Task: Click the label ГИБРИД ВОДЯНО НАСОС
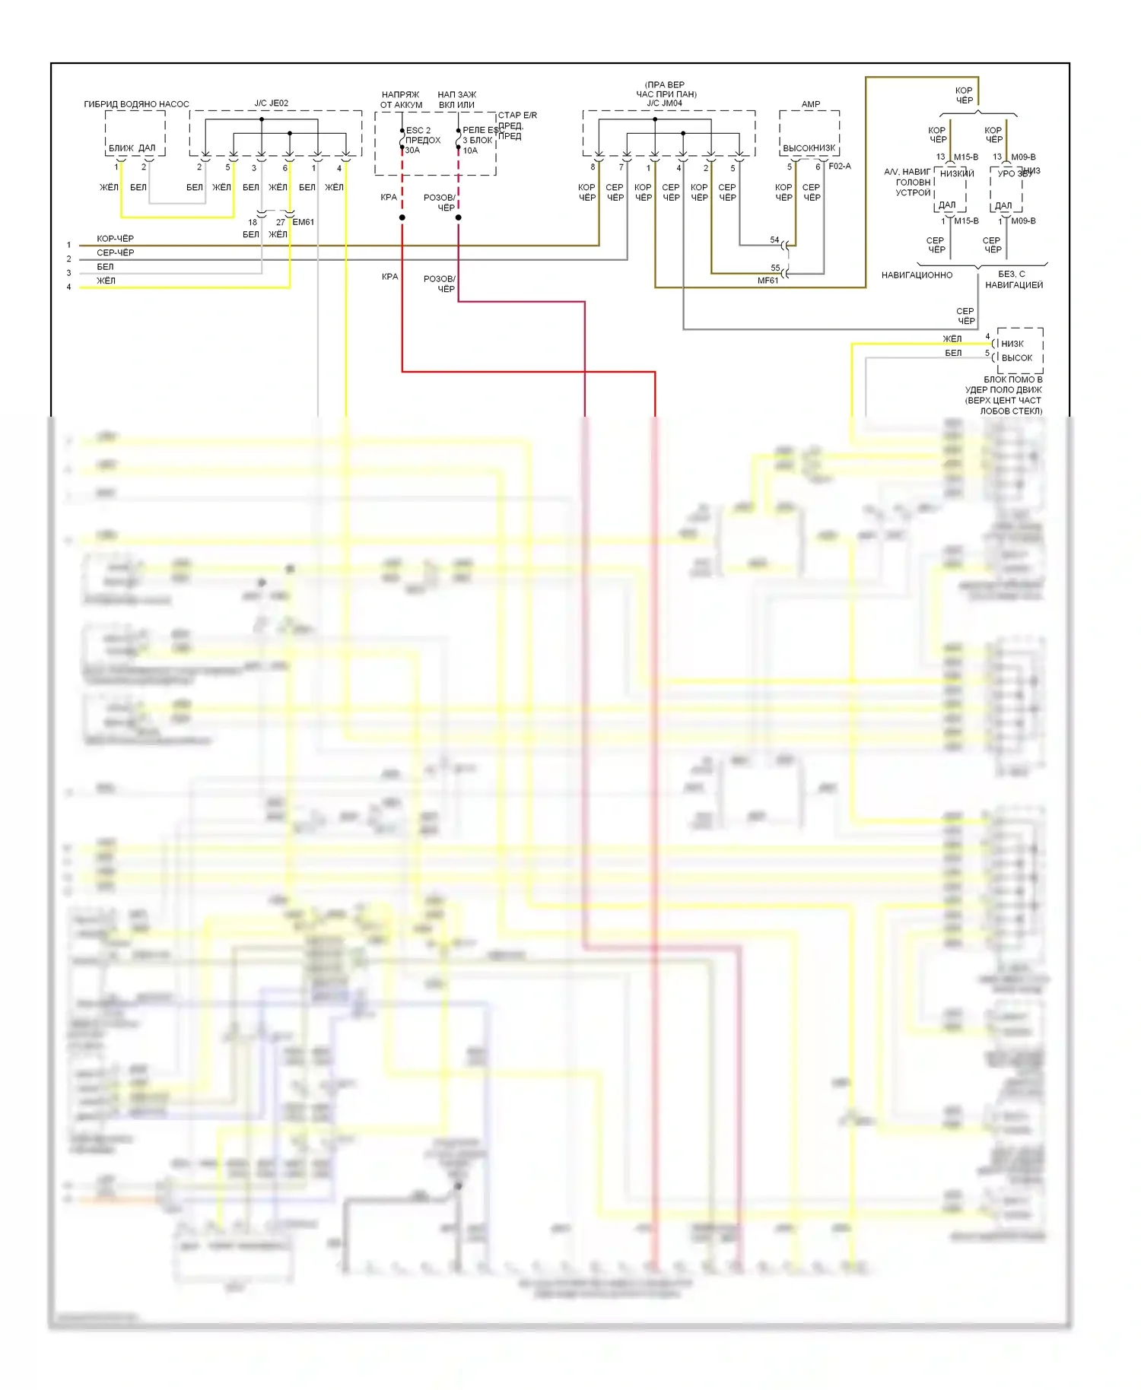click(x=136, y=104)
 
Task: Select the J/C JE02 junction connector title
click(x=272, y=103)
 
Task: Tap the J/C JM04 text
click(x=665, y=103)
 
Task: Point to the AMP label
click(x=811, y=104)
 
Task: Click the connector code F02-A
click(x=840, y=166)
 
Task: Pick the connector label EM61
click(x=303, y=222)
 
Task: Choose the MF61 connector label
click(x=768, y=281)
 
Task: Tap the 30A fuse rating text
click(x=412, y=151)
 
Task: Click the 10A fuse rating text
click(x=470, y=151)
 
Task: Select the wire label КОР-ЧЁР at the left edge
click(x=116, y=239)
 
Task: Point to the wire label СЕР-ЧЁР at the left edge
click(x=116, y=252)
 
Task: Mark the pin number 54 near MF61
click(x=774, y=240)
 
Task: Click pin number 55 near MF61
click(x=775, y=268)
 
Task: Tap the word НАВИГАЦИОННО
click(x=917, y=275)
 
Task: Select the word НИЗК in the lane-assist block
click(x=1012, y=344)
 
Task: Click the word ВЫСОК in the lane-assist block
click(x=1017, y=358)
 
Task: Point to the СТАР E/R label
click(x=517, y=116)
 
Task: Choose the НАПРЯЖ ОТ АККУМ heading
click(x=401, y=100)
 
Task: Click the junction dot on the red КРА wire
click(x=402, y=218)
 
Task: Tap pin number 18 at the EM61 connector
click(x=253, y=223)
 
